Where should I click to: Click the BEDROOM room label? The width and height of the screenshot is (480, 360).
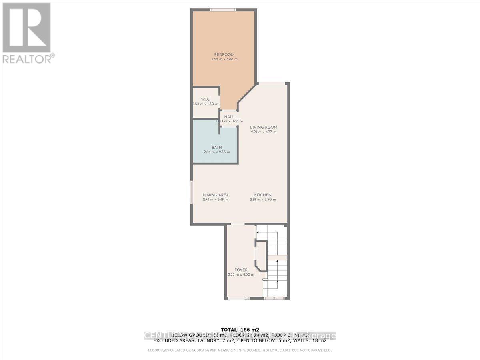[x=224, y=54]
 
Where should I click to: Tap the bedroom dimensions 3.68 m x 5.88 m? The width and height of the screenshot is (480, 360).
[x=224, y=59]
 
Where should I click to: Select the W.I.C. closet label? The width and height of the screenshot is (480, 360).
[x=205, y=100]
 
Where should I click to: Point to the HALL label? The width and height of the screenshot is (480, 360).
[x=229, y=116]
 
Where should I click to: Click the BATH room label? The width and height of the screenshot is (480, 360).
[x=217, y=147]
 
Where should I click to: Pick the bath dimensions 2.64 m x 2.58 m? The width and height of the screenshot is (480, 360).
[x=217, y=152]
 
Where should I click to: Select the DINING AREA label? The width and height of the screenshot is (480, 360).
[x=216, y=195]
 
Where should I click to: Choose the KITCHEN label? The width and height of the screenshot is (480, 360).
[x=263, y=195]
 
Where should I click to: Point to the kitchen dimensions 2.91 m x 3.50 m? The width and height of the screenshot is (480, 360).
[x=263, y=200]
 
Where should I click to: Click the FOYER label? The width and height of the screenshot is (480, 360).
[x=241, y=270]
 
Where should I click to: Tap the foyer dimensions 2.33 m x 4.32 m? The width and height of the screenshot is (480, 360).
[x=241, y=275]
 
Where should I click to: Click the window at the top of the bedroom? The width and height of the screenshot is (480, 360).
[x=223, y=10]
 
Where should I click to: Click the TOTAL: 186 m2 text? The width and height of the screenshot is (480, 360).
[x=240, y=330]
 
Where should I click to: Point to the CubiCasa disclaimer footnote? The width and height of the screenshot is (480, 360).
[x=240, y=350]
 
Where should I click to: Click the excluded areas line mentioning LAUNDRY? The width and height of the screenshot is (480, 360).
[x=240, y=341]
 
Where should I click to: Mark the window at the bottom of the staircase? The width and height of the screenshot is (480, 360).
[x=274, y=298]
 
